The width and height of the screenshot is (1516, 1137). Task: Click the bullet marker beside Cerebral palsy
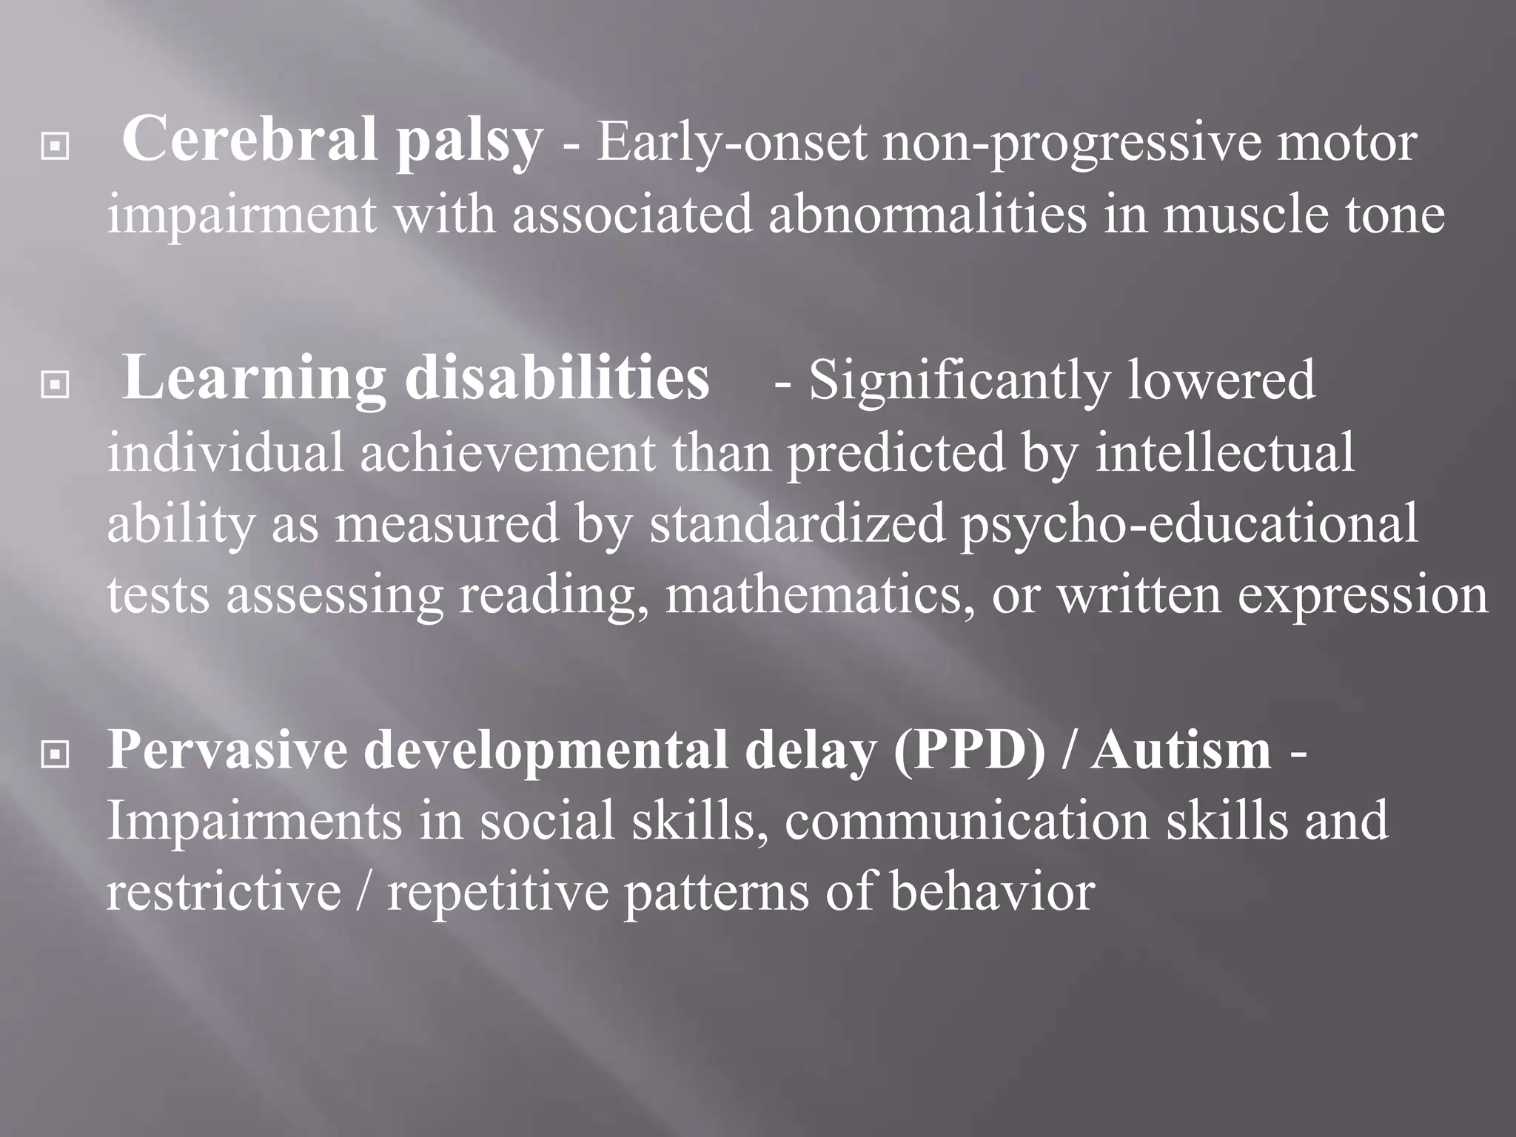[x=56, y=147]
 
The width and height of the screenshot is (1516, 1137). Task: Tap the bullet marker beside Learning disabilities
[x=56, y=385]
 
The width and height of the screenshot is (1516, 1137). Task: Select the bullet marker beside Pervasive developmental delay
[x=56, y=755]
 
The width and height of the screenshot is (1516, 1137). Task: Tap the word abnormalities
[x=928, y=215]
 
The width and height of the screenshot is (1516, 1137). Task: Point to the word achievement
[x=508, y=453]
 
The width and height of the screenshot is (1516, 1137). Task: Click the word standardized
[x=797, y=523]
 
